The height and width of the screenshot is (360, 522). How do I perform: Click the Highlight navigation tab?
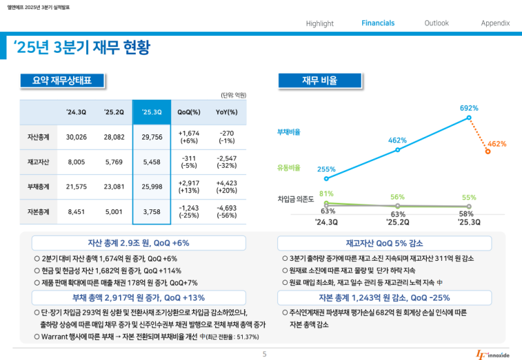(320, 23)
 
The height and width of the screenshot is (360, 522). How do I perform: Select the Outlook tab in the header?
(437, 23)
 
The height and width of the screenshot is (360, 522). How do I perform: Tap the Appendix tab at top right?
(495, 23)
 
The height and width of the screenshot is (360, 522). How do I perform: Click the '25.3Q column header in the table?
(151, 112)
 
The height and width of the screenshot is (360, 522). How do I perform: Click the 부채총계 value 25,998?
(151, 187)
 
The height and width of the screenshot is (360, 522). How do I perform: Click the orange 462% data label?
(497, 143)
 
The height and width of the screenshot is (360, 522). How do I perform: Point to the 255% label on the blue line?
(326, 170)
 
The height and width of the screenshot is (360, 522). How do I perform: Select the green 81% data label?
(326, 194)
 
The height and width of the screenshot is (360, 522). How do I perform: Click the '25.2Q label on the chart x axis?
(397, 222)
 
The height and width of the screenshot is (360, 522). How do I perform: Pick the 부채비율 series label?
(289, 132)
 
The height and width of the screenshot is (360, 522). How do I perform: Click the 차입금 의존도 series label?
(296, 198)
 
